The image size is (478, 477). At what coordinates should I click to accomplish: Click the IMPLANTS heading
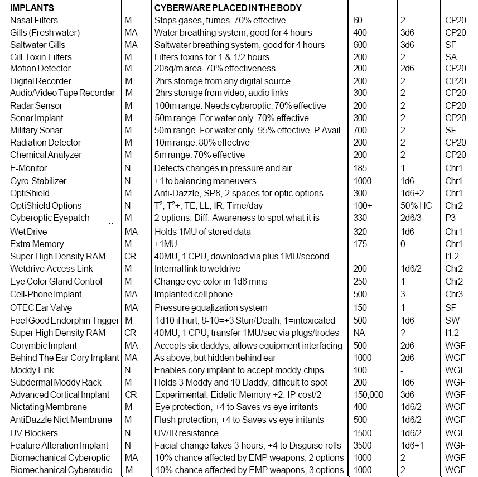(x=32, y=8)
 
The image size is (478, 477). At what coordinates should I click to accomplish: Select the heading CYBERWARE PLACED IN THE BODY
(x=228, y=8)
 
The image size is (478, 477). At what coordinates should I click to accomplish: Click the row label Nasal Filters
(x=34, y=21)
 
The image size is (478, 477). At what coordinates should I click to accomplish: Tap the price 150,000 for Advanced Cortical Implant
(x=368, y=395)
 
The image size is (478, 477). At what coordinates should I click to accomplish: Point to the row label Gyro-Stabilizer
(x=38, y=181)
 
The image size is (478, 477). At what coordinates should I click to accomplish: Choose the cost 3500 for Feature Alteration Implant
(x=363, y=445)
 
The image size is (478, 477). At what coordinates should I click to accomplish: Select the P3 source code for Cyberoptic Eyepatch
(x=450, y=218)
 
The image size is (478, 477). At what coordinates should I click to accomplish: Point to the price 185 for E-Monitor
(x=360, y=168)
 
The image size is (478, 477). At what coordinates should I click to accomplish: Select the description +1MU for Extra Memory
(x=165, y=244)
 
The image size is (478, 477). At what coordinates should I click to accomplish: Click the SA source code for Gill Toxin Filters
(x=451, y=57)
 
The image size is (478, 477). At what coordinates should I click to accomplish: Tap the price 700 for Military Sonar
(x=360, y=131)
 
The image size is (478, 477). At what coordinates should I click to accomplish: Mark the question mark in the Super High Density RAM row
(x=403, y=333)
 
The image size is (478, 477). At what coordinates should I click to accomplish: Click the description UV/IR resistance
(x=186, y=433)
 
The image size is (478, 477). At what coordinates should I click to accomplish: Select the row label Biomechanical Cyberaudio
(x=61, y=470)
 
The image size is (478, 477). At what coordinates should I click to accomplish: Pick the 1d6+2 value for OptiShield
(x=413, y=193)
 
